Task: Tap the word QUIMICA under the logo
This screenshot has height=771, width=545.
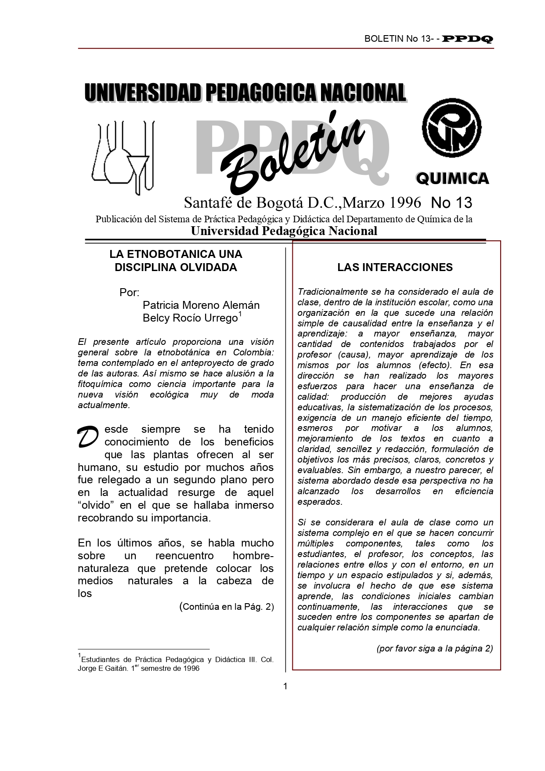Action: pyautogui.click(x=452, y=178)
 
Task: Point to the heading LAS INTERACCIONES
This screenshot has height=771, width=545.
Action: pyautogui.click(x=395, y=268)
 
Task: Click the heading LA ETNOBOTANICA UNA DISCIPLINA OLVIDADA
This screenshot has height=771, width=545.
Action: pyautogui.click(x=176, y=261)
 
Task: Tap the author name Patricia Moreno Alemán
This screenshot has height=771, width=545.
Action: pyautogui.click(x=201, y=305)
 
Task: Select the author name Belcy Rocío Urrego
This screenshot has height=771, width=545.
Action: pyautogui.click(x=190, y=318)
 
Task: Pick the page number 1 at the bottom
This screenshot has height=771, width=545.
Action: pyautogui.click(x=285, y=686)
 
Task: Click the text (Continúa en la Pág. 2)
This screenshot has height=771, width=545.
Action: pyautogui.click(x=227, y=607)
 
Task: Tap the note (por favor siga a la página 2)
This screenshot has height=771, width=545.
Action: pyautogui.click(x=435, y=648)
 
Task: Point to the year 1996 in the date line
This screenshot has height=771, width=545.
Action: pyautogui.click(x=405, y=203)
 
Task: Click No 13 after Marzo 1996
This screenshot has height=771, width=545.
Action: pyautogui.click(x=451, y=203)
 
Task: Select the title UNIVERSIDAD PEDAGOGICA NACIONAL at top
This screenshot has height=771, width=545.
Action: pyautogui.click(x=245, y=93)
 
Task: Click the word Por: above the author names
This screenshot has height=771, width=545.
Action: pyautogui.click(x=129, y=293)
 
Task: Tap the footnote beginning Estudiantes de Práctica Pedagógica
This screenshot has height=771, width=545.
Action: pyautogui.click(x=176, y=664)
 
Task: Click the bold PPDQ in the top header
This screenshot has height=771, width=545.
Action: pyautogui.click(x=468, y=39)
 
